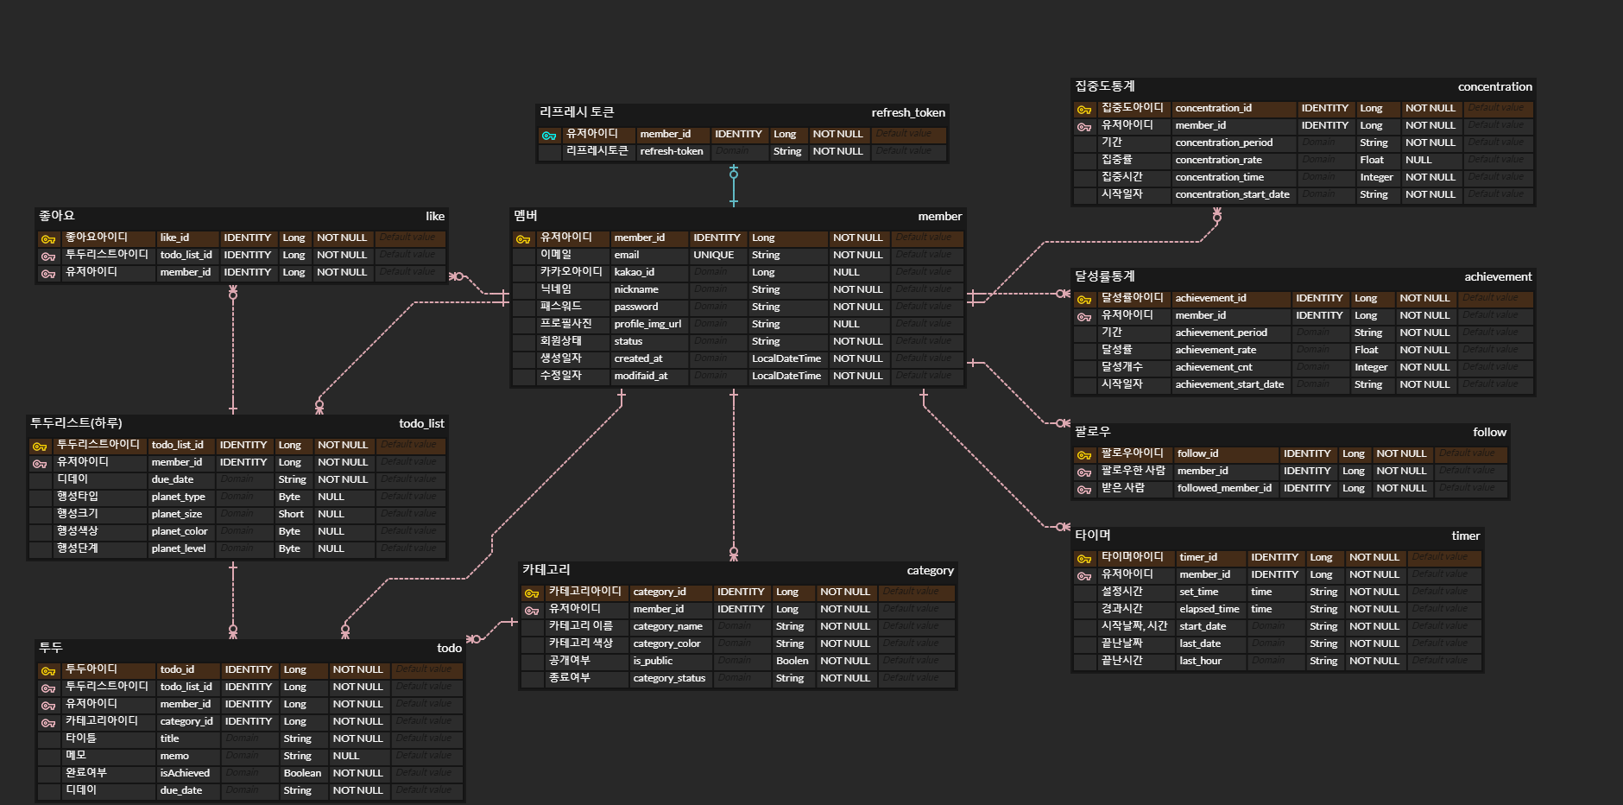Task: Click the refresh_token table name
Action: coord(907,112)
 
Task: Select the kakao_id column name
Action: coord(635,272)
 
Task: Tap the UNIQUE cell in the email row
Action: coord(713,255)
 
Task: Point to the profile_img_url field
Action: coord(647,324)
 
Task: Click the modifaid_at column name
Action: coord(641,376)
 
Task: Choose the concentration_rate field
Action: coord(1218,160)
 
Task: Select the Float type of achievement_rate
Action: coord(1366,350)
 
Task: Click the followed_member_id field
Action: coord(1224,488)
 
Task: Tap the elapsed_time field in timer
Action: coord(1209,609)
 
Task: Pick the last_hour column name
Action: coord(1200,661)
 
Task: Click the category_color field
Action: coord(666,643)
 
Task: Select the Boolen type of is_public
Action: coord(792,661)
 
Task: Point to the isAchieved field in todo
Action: coord(185,773)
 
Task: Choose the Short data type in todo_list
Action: coord(291,514)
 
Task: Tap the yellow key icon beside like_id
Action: coord(48,238)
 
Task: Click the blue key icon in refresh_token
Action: coord(549,135)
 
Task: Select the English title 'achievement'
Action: coord(1498,276)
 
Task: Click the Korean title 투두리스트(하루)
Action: coord(76,423)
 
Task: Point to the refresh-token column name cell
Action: coord(672,151)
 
